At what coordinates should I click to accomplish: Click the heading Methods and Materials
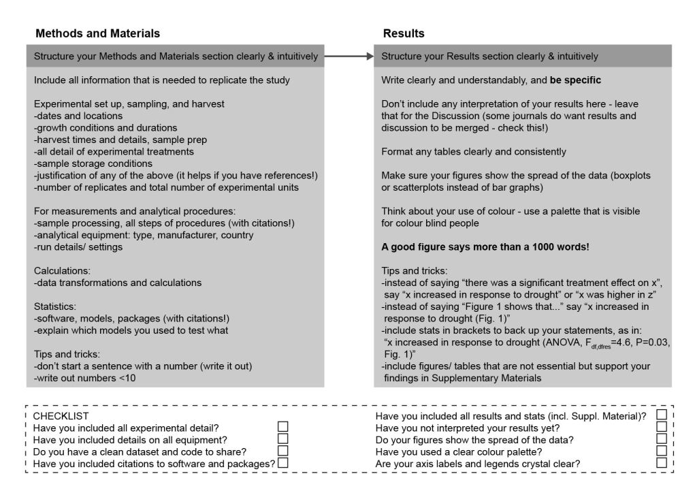(x=97, y=33)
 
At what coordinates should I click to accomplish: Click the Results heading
(x=404, y=33)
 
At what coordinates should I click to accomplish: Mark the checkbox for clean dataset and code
(x=283, y=451)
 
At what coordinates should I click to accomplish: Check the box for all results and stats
(x=661, y=415)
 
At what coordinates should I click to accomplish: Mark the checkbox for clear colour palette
(x=661, y=451)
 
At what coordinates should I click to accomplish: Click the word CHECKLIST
(x=61, y=415)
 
